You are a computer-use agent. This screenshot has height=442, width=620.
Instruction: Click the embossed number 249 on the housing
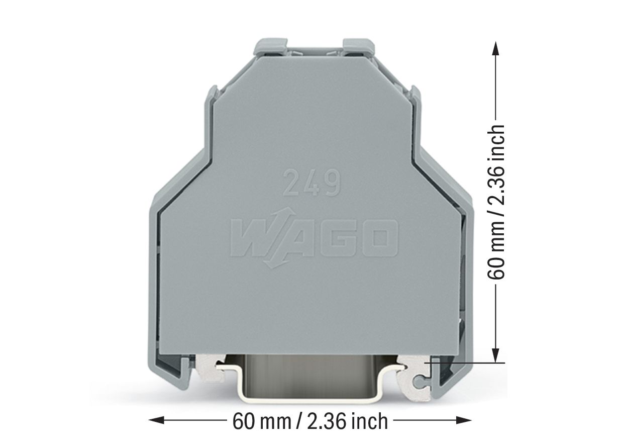pyautogui.click(x=311, y=184)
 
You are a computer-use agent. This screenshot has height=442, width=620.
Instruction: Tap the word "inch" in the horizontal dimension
pyautogui.click(x=370, y=420)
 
